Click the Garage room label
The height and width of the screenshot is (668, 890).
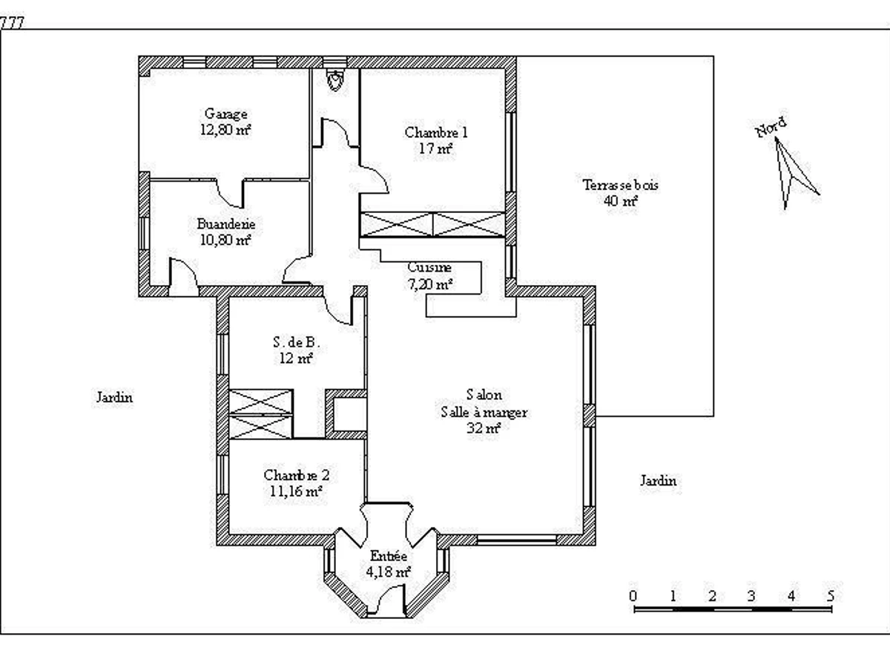[226, 114]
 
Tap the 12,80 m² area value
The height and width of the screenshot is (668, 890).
[225, 130]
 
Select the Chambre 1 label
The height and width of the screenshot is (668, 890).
[436, 133]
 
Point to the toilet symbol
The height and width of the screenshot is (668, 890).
[335, 80]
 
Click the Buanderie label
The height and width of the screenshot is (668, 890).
[226, 224]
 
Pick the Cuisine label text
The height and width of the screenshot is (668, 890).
[429, 267]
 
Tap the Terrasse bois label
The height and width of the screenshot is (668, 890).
[620, 185]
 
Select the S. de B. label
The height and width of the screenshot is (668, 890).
[297, 342]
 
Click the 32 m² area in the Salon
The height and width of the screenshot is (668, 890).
[484, 428]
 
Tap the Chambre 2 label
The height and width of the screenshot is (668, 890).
[297, 475]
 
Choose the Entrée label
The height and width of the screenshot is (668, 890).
[388, 556]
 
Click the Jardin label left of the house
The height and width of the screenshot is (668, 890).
[114, 397]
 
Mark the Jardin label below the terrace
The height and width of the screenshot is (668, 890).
[658, 481]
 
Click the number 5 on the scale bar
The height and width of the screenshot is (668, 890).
[831, 596]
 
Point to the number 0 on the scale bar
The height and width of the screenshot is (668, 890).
[633, 596]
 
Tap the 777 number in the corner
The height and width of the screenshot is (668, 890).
[12, 23]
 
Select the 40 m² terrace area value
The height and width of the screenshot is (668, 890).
[620, 200]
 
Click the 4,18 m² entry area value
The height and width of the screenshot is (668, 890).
[388, 572]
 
